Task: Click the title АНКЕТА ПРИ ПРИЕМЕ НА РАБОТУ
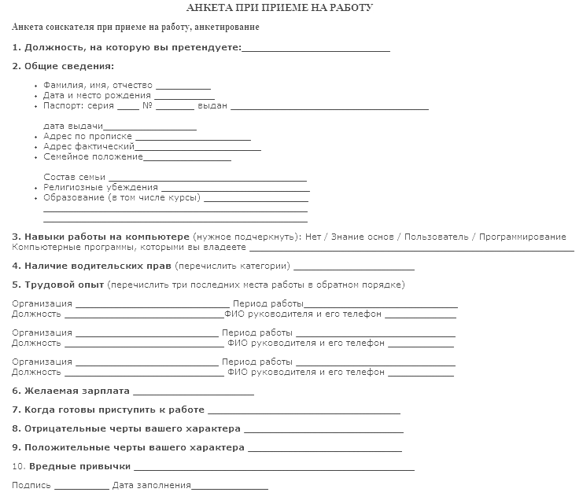291,8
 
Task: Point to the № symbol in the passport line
147,105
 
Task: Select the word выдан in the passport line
212,105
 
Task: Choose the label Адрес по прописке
87,136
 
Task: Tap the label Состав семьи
74,177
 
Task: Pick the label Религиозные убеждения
101,188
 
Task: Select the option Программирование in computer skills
522,237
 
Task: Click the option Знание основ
363,237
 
